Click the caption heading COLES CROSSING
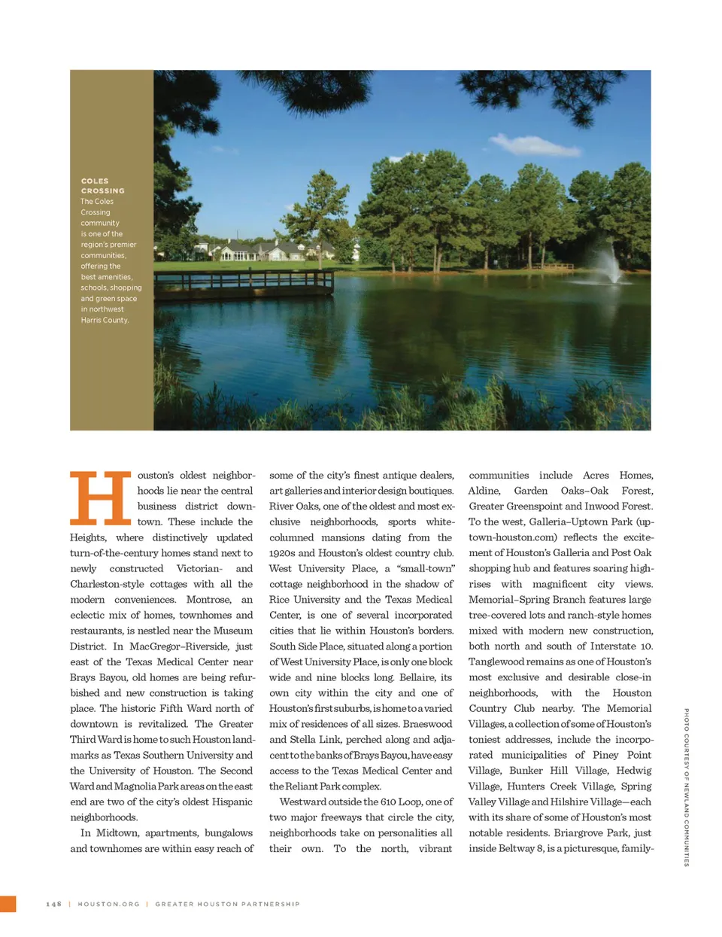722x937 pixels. [103, 186]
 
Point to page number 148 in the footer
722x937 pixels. [53, 904]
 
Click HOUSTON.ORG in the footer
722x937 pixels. [109, 904]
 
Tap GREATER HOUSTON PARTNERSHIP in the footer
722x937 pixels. [227, 904]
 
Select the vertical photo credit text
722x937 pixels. [686, 787]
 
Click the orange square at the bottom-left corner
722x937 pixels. [8, 904]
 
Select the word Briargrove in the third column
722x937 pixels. [579, 833]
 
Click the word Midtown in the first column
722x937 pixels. [117, 833]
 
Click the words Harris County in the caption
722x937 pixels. [105, 321]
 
